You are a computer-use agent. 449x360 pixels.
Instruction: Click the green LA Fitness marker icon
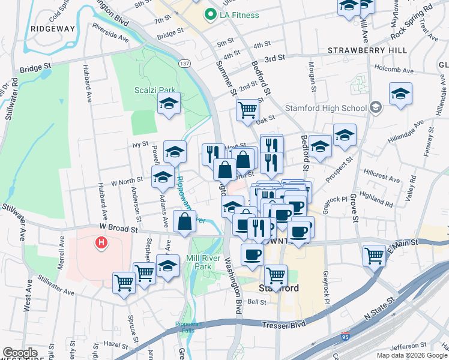click(211, 15)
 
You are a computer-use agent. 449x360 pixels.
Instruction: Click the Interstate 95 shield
click(346, 337)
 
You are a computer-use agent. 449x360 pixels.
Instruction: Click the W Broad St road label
click(119, 229)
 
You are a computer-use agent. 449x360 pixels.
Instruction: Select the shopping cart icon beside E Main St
click(374, 255)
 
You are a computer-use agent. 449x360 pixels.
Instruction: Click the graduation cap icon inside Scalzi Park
click(169, 103)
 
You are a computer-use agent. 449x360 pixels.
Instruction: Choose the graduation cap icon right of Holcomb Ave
click(400, 93)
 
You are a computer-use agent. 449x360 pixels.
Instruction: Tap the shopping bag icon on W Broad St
click(184, 221)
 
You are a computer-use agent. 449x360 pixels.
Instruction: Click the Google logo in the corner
click(20, 353)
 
